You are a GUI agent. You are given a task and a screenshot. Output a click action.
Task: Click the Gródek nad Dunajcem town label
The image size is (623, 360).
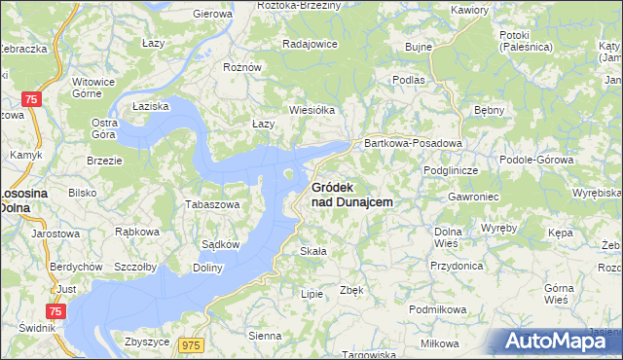(x=351, y=195)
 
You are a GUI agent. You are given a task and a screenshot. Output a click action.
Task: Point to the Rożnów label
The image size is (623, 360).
(x=242, y=67)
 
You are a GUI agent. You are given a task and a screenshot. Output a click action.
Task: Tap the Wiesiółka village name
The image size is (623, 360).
(x=311, y=110)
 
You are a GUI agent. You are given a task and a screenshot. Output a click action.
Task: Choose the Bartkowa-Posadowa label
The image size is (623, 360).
(x=412, y=143)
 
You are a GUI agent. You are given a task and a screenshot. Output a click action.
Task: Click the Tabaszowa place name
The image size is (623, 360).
(x=212, y=205)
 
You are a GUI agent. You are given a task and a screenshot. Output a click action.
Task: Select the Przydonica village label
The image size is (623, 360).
(x=457, y=265)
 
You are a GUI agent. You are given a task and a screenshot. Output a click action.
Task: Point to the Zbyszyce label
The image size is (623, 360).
(x=148, y=342)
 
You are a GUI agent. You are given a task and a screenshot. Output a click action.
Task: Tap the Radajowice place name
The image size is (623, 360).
(x=309, y=44)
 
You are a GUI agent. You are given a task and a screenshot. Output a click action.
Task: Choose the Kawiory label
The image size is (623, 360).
(x=468, y=10)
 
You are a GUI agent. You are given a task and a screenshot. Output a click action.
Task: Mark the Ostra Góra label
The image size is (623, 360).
(x=104, y=129)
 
